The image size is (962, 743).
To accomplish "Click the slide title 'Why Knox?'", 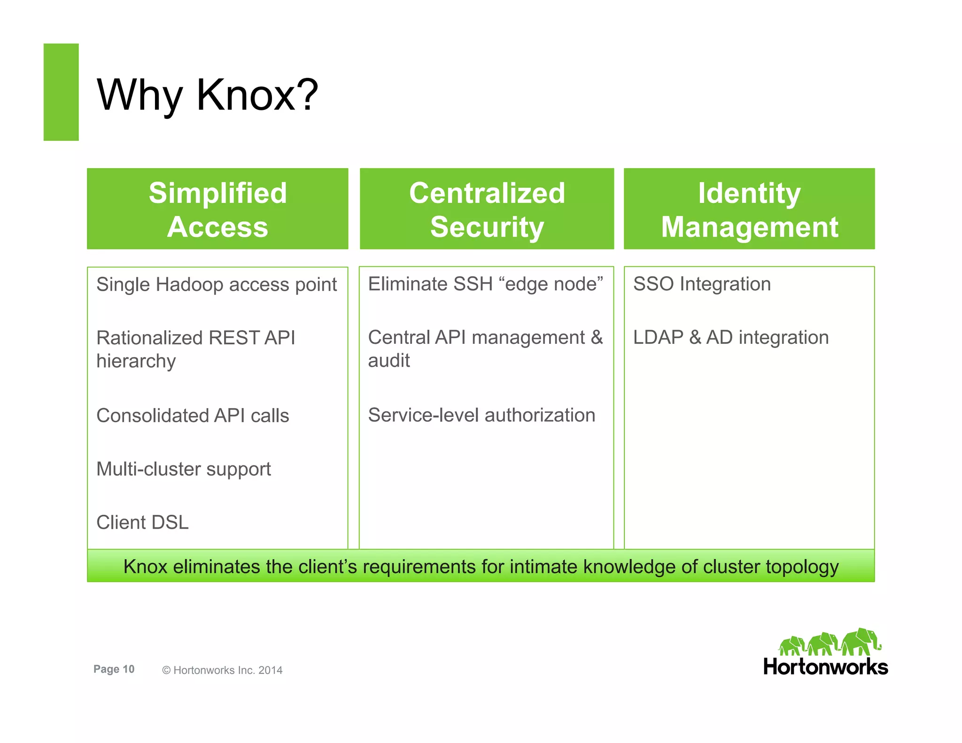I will click(207, 95).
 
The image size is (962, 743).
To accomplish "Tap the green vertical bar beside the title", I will click(61, 92).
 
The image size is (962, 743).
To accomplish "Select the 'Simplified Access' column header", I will click(217, 209).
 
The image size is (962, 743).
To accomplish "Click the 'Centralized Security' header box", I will click(487, 209).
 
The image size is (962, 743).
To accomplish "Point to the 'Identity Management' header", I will click(749, 209).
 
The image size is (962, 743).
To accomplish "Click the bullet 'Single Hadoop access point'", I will click(216, 285).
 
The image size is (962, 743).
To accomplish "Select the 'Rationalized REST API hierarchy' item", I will click(195, 349).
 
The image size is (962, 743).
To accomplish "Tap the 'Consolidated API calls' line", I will click(193, 416).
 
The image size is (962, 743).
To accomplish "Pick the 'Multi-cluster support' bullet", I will click(184, 469).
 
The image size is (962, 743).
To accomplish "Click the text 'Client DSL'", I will click(142, 522).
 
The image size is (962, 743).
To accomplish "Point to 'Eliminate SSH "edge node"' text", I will click(485, 284).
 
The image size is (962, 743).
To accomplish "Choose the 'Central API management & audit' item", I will click(485, 348).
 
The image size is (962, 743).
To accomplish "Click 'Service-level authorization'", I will click(481, 415).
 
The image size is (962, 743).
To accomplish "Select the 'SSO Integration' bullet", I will click(702, 284).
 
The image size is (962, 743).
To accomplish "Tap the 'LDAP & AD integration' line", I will click(731, 337).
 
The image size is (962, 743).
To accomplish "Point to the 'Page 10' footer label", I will click(114, 669).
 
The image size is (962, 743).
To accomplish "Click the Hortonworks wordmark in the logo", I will click(825, 667).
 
